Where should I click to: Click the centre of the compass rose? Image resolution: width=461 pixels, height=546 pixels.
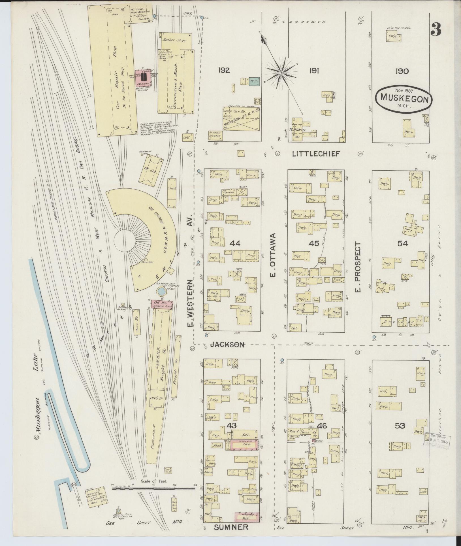pos(281,73)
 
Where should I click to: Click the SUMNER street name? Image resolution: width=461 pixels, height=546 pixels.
pos(231,527)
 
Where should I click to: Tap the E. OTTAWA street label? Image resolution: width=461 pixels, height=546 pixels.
pos(273,255)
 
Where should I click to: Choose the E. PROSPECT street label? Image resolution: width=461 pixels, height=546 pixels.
pos(358,267)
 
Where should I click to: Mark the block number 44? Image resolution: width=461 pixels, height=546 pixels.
pos(235,243)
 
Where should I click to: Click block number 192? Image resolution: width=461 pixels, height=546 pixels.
pos(224,70)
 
